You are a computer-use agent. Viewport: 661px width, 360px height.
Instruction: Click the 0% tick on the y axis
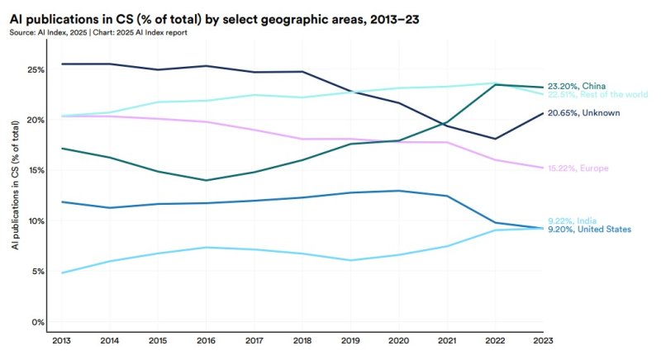(x=37, y=322)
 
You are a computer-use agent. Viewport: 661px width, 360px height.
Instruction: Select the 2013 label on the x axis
(x=61, y=339)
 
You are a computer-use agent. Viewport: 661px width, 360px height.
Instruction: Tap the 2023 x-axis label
(x=542, y=339)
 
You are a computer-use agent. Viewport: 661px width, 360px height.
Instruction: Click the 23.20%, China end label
(x=576, y=86)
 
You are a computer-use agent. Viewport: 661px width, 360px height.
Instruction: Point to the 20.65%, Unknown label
(x=583, y=112)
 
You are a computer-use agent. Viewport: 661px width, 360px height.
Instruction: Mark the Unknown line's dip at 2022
(x=494, y=139)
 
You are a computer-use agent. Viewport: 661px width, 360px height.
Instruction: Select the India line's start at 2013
(x=61, y=272)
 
